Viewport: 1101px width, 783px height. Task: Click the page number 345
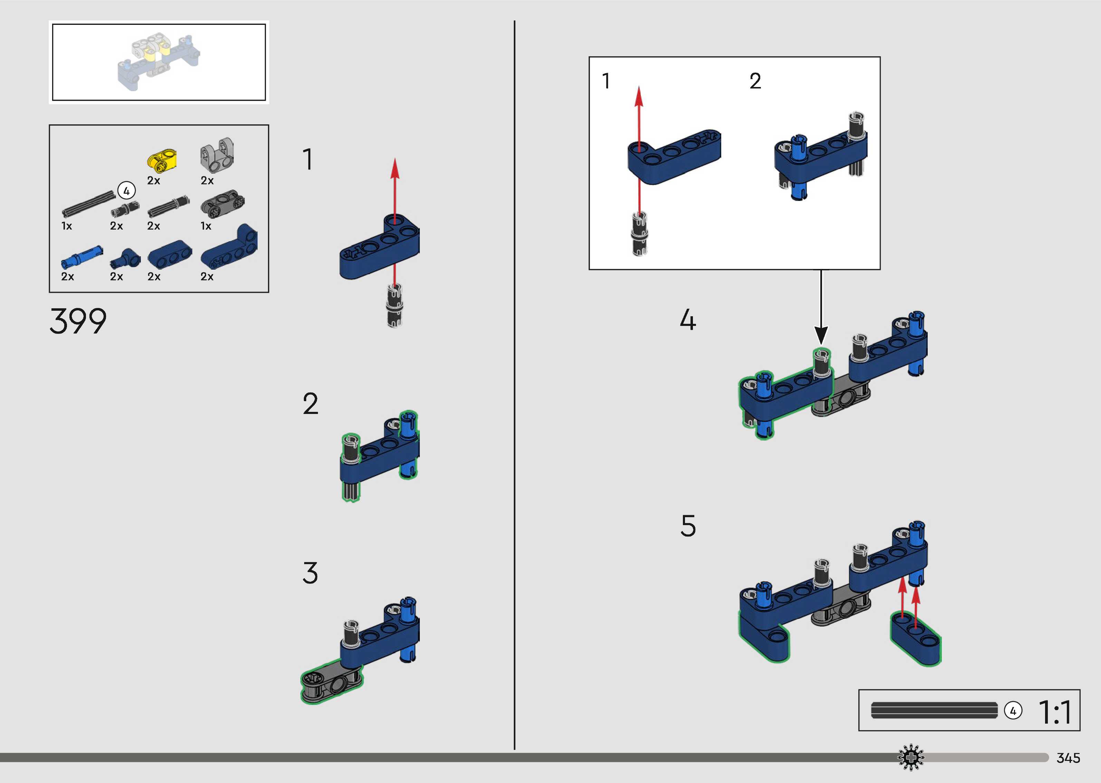(1068, 758)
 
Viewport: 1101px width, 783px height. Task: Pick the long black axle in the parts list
(89, 204)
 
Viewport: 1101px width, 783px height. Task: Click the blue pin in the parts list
(81, 257)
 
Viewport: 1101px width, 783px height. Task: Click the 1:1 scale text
(1055, 712)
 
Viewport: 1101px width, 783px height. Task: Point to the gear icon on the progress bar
(910, 757)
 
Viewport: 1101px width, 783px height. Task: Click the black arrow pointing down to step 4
(821, 333)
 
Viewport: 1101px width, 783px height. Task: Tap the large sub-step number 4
(688, 320)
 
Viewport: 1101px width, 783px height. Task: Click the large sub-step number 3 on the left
(310, 573)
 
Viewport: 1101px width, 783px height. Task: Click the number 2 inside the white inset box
(755, 81)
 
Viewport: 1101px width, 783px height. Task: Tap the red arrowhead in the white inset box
(639, 96)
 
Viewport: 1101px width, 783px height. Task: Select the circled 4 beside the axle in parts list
(126, 191)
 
